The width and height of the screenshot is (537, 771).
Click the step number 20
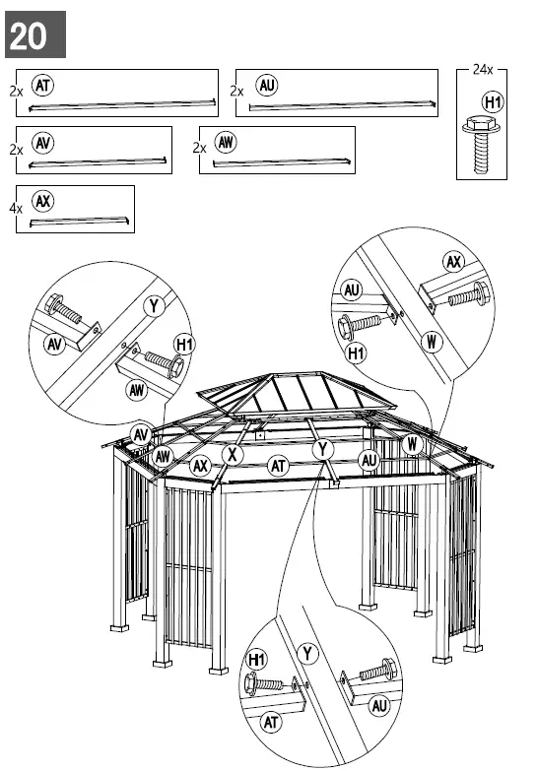[30, 35]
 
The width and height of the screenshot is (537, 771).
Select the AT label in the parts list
[43, 86]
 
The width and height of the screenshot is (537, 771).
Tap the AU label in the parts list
[266, 85]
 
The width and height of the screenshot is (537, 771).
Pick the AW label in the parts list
[227, 143]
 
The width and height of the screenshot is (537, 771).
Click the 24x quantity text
[483, 70]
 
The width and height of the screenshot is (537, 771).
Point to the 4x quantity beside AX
[16, 209]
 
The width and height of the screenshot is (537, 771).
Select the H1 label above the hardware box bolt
[492, 102]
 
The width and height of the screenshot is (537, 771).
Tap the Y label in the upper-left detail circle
[154, 306]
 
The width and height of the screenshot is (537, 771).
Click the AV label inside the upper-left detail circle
[55, 344]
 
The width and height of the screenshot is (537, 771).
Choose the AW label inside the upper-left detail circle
[137, 391]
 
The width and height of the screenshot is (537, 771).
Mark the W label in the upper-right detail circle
[431, 342]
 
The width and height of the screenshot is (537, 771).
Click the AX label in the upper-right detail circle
[453, 262]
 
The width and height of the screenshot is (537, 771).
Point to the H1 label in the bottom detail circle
[257, 659]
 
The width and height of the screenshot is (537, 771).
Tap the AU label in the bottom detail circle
[379, 705]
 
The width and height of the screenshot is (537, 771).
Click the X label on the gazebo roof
[232, 454]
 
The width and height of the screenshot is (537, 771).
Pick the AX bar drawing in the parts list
[79, 223]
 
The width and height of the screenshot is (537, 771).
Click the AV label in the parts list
[43, 143]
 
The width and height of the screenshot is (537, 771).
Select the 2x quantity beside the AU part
[237, 91]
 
